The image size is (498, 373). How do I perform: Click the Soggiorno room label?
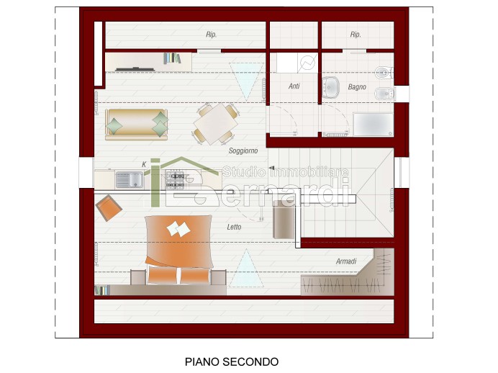[x=243, y=151]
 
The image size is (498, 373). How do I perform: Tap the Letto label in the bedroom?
[x=234, y=227]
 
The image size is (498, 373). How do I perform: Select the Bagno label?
[x=357, y=86]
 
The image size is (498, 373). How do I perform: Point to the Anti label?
[x=294, y=86]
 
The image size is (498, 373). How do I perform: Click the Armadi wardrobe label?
[x=346, y=261]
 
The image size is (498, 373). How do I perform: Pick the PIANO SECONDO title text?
[x=232, y=361]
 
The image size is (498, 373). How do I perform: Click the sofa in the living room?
[x=137, y=125]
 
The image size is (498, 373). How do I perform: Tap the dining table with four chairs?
[x=216, y=124]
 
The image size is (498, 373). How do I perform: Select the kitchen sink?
[x=130, y=180]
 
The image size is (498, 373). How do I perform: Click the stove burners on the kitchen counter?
[x=175, y=180]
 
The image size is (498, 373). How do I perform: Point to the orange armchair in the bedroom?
[x=109, y=208]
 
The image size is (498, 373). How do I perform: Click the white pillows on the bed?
[x=178, y=229]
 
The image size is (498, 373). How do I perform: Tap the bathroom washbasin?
[x=330, y=87]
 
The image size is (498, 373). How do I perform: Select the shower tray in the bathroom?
[x=373, y=125]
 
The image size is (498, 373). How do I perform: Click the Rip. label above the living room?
[x=211, y=35]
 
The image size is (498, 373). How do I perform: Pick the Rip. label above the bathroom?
[x=356, y=35]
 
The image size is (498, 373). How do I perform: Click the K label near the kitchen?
[x=144, y=164]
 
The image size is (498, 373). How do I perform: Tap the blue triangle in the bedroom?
[x=246, y=269]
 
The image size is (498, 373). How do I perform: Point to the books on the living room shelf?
[x=172, y=58]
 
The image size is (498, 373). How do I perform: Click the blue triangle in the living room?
[x=246, y=78]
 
